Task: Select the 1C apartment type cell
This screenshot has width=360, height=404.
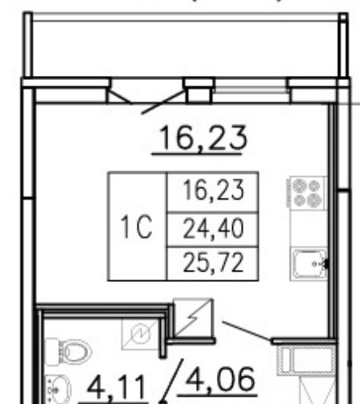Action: click(138, 226)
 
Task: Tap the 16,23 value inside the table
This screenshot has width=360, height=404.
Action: click(214, 190)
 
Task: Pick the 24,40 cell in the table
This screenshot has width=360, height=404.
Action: click(214, 229)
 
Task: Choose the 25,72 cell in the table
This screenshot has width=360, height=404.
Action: click(214, 263)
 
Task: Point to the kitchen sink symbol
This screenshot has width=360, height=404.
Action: click(310, 264)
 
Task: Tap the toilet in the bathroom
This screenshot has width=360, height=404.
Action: click(68, 351)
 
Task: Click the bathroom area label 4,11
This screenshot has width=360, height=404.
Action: click(116, 389)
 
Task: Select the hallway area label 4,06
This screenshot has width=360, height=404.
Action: click(220, 380)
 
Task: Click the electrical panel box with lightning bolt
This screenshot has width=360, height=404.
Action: click(193, 318)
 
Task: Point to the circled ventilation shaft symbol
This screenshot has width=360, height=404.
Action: click(140, 334)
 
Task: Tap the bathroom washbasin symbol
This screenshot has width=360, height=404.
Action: click(58, 390)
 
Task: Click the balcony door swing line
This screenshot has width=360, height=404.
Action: click(163, 103)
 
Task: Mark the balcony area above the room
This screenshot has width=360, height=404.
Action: click(185, 49)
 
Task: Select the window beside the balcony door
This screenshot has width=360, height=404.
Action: click(252, 90)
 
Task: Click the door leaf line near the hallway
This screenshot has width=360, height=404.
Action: click(247, 330)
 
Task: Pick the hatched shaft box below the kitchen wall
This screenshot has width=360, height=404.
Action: click(307, 361)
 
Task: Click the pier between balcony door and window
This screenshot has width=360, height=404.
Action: click(199, 90)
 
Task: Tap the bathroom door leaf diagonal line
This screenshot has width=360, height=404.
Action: click(172, 381)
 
